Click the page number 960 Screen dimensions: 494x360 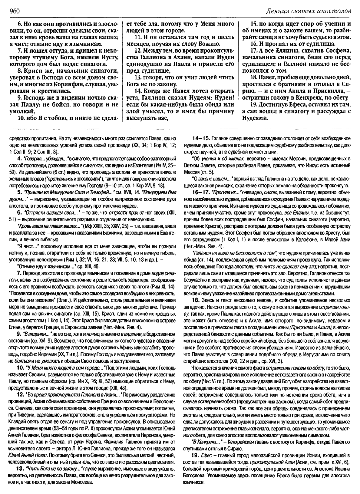click(14, 11)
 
